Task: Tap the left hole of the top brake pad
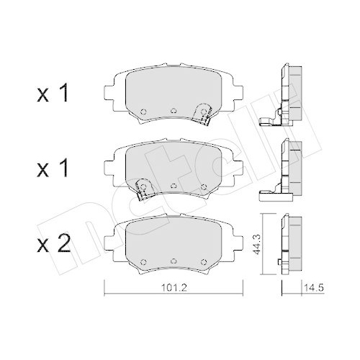tap(143, 111)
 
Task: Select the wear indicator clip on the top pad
tap(204, 112)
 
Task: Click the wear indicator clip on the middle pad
tap(143, 189)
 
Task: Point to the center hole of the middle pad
tap(174, 186)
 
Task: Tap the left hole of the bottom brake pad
tap(143, 261)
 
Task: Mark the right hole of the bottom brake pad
tap(204, 261)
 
